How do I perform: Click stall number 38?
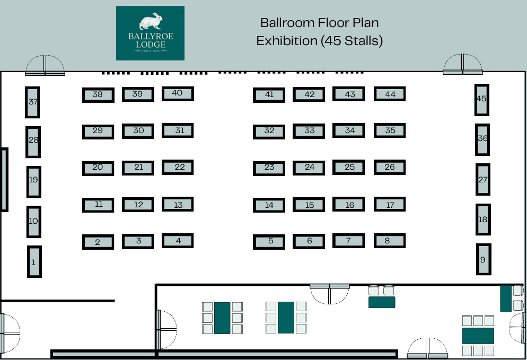coord(98,95)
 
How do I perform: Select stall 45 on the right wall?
coord(481,100)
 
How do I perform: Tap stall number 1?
coord(34,261)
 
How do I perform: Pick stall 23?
coord(269,169)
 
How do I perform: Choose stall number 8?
coord(390,241)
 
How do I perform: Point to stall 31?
coord(178,130)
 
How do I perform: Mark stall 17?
coord(390,204)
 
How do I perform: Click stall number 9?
coord(484,259)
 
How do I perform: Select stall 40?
coord(178,94)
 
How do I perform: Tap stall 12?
coord(138,205)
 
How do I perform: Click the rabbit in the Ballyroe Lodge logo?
coord(151,21)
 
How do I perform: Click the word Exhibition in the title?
coord(287,41)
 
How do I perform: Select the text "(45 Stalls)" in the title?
coord(352,41)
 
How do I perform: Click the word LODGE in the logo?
coord(151,45)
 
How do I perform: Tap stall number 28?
coord(33,142)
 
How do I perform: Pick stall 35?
coord(390,131)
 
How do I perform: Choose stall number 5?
coord(269,242)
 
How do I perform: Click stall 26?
coord(390,168)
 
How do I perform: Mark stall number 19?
coord(33,182)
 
